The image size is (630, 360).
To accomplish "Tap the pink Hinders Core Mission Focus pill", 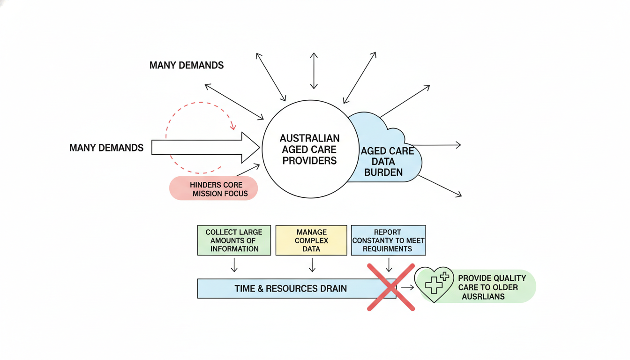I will (214, 188).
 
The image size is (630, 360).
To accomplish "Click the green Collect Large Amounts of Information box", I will (234, 240).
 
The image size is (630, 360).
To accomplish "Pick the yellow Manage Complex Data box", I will (311, 240).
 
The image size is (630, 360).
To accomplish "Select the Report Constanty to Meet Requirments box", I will (388, 240).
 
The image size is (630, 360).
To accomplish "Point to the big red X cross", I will (390, 287).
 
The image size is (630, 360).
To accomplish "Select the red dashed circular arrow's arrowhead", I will (232, 126).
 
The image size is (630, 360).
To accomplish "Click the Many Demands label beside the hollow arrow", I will (106, 148).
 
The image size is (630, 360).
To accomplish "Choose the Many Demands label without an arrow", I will (187, 65).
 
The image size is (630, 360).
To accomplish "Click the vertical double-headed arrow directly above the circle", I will (314, 70).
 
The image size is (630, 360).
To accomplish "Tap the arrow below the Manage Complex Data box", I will (312, 265).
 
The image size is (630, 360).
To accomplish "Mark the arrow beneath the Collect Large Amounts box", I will (234, 265).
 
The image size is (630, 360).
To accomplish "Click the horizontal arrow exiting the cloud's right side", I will (436, 145).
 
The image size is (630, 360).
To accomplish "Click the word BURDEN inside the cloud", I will (383, 172).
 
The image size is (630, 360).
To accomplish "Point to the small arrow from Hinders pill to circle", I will (248, 169).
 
